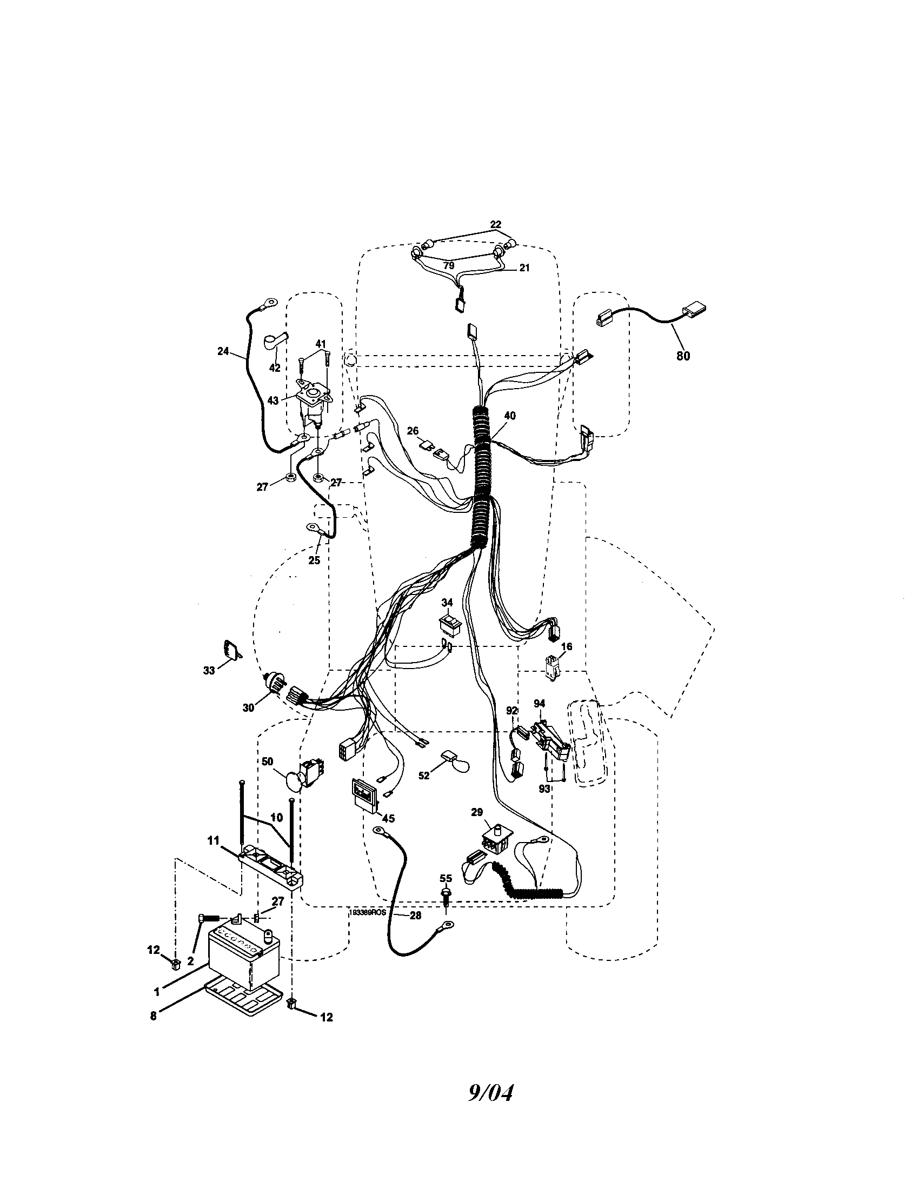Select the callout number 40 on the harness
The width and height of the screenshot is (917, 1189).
pos(510,416)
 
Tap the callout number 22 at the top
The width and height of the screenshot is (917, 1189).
pos(495,224)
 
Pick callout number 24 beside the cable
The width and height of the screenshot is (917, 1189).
pos(223,351)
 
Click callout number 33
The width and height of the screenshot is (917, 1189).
pos(209,671)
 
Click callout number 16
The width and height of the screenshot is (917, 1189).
pos(566,646)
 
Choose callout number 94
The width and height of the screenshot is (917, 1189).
pos(539,703)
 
